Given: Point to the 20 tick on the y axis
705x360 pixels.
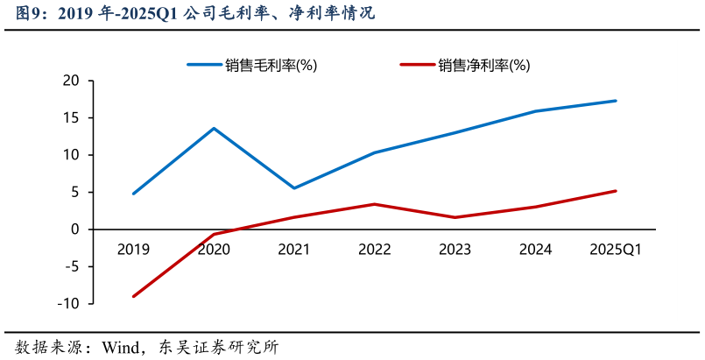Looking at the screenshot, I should [71, 81].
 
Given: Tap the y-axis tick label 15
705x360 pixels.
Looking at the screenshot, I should [71, 118].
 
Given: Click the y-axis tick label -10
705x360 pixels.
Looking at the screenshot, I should [68, 303].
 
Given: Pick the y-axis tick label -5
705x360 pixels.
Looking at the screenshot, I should [71, 266].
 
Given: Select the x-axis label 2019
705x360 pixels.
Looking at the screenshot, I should [133, 250].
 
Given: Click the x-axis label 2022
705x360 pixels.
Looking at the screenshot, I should [374, 250].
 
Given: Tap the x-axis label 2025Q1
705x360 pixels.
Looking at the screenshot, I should [616, 250].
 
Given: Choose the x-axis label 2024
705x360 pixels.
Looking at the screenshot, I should [535, 250].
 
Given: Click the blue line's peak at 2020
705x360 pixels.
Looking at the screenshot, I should [214, 129].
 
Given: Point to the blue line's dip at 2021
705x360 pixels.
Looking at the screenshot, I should [294, 188].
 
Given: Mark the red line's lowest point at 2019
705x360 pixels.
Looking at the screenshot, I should [133, 296].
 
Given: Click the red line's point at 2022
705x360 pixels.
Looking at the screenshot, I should [374, 204].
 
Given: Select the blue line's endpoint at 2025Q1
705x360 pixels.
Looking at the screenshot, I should [616, 101].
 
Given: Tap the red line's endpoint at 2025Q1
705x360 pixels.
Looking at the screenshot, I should [616, 191].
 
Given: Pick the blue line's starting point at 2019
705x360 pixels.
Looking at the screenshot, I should [133, 194].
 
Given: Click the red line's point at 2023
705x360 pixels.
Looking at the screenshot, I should [455, 217].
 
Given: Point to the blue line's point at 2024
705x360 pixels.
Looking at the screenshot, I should [535, 111].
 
